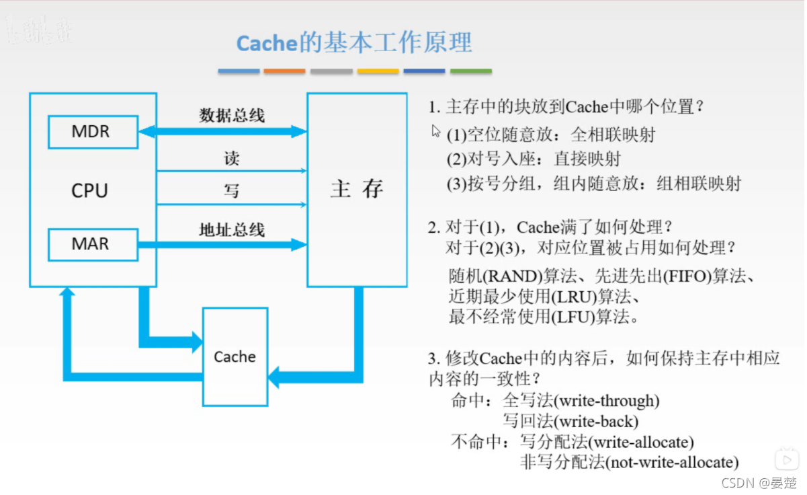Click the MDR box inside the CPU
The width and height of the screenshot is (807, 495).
tap(93, 131)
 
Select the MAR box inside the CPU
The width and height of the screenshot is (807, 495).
tap(93, 243)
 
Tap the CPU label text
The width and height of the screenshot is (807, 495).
tap(89, 190)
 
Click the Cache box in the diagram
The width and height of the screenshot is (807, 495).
tap(235, 356)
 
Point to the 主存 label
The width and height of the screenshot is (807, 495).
tap(356, 189)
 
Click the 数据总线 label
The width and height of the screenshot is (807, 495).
tap(232, 115)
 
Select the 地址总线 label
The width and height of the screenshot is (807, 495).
tap(232, 230)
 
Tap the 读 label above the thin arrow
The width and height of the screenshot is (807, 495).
tap(232, 159)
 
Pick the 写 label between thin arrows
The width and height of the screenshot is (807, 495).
tap(232, 191)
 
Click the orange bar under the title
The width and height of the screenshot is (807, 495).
tap(284, 71)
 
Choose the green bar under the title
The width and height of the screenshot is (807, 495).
tap(470, 71)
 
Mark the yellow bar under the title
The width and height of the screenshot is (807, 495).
tap(378, 71)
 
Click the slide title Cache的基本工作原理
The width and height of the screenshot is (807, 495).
tap(354, 43)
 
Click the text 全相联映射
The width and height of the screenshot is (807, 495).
tap(613, 135)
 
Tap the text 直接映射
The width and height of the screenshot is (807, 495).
tap(587, 159)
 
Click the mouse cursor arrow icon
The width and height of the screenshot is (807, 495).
tap(436, 130)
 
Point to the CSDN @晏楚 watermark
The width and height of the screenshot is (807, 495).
tap(758, 482)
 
